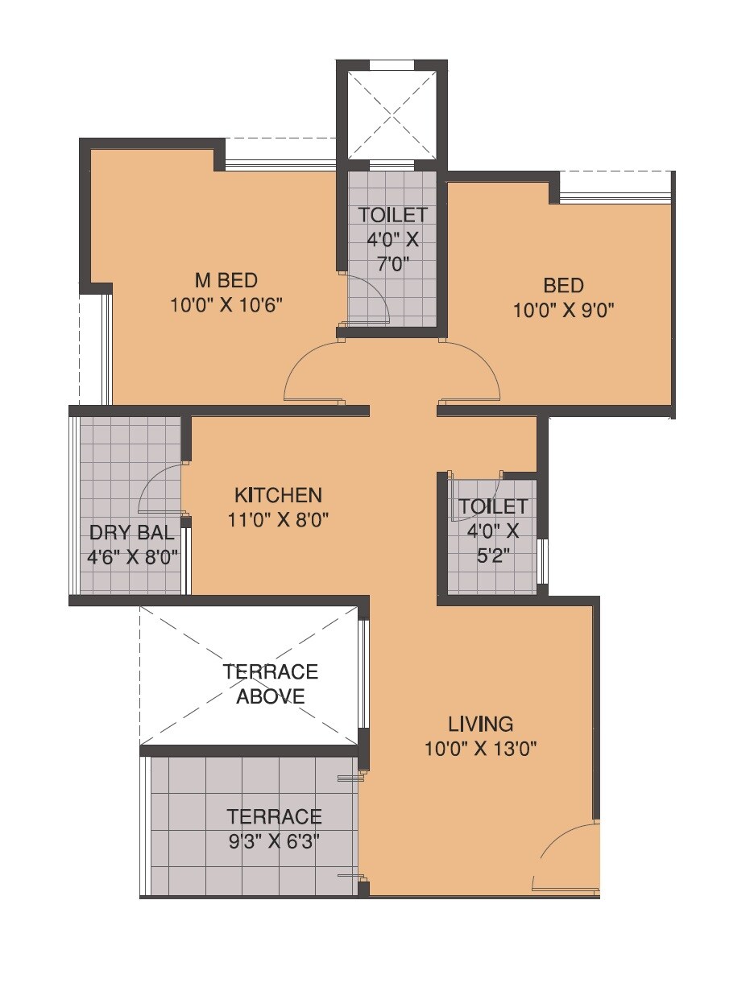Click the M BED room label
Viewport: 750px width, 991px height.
(226, 280)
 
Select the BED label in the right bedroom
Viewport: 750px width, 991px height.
(563, 285)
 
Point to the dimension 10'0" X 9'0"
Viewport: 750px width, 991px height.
(563, 310)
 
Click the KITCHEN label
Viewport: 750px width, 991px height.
(278, 494)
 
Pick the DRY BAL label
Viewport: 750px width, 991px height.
(132, 532)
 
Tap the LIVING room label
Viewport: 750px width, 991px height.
(480, 722)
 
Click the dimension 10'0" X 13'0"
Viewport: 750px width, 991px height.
(480, 749)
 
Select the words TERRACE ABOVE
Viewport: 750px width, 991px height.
(271, 683)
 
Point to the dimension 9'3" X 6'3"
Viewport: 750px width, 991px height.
(274, 842)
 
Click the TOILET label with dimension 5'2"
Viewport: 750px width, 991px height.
(493, 506)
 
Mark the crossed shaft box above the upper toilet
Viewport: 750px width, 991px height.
(392, 114)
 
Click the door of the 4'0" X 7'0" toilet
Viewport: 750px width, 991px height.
(371, 299)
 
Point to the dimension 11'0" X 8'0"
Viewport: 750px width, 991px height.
(278, 519)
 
